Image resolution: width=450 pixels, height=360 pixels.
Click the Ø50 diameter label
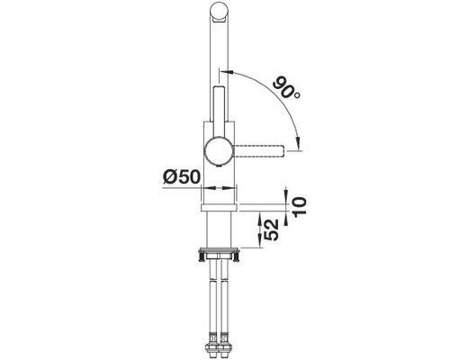coord(176,175)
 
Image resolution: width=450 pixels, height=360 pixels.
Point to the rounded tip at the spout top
coord(219,11)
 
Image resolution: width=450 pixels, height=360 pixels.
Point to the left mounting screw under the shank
coord(197,256)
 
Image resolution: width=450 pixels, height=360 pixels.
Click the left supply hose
coord(211,297)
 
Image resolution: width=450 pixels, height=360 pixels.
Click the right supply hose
coord(227,297)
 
